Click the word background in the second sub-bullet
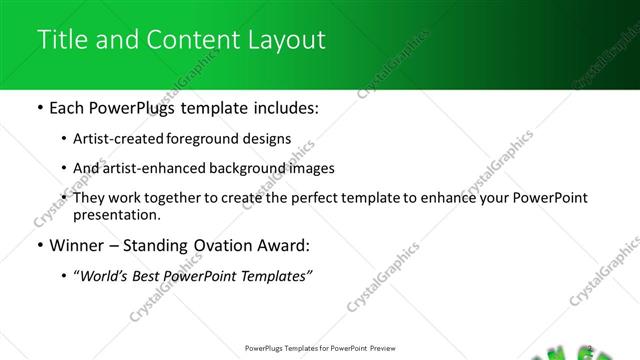(235, 168)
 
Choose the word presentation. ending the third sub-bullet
(116, 214)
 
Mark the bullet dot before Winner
(39, 245)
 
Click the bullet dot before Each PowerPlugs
(39, 108)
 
